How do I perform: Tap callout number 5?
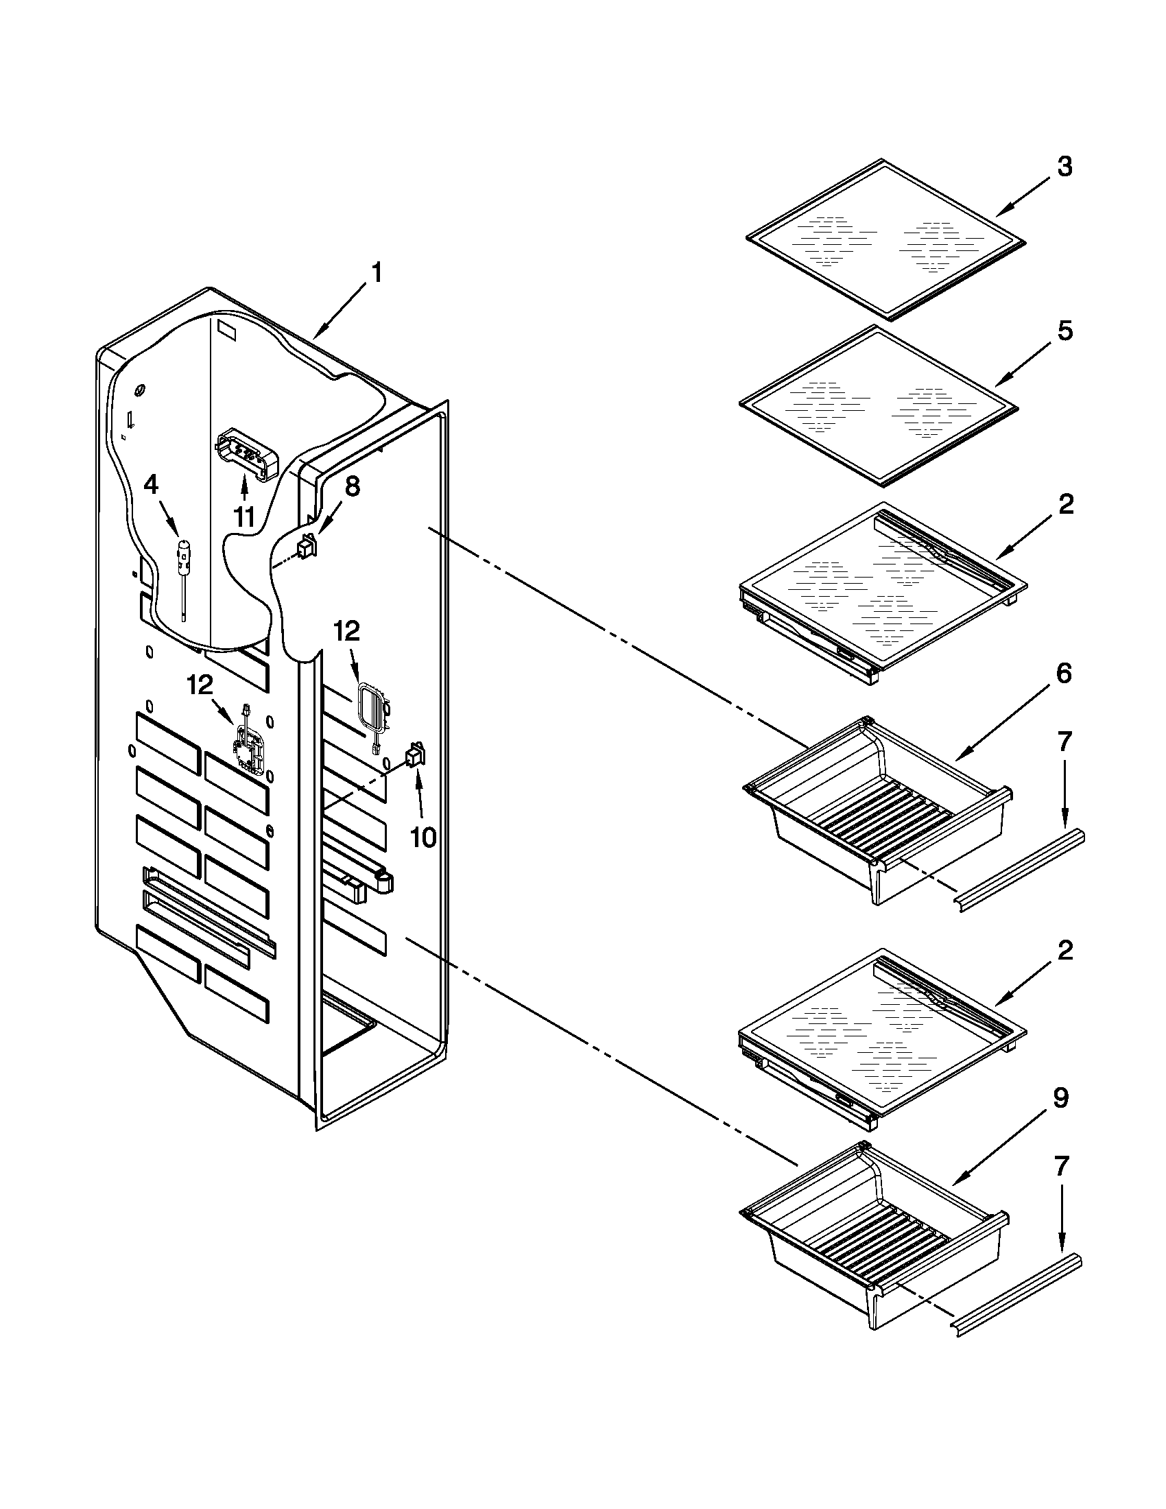tap(1064, 331)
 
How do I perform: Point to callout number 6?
tap(1064, 674)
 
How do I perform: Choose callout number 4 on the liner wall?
tap(152, 486)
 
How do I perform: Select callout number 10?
tap(423, 838)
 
